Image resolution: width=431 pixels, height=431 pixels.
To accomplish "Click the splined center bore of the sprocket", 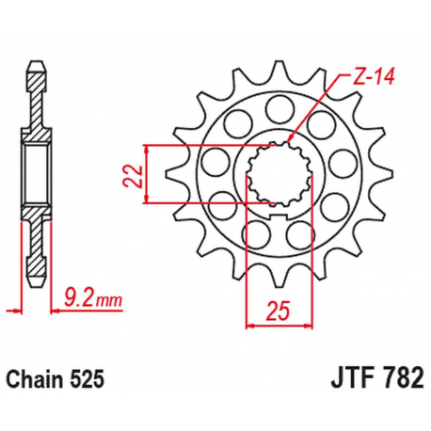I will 271,174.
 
